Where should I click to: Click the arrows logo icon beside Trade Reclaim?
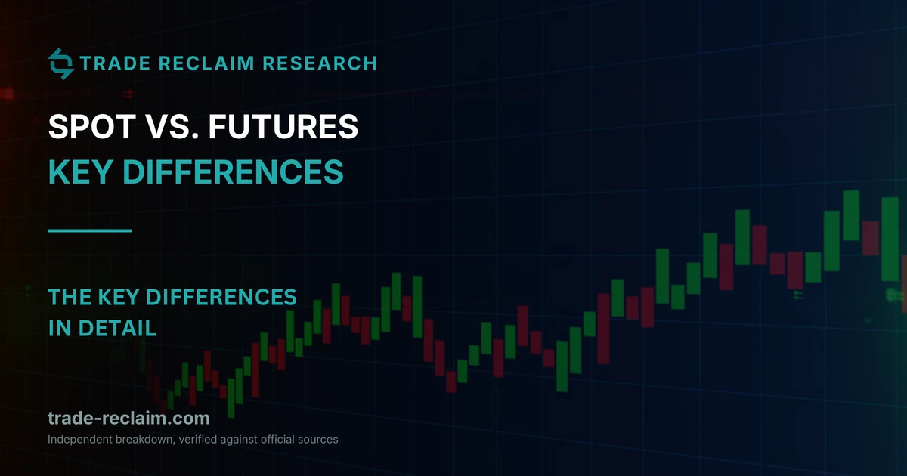[x=60, y=63]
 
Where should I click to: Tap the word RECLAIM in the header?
[x=206, y=63]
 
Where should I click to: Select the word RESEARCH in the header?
[x=320, y=63]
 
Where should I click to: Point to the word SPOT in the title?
[x=92, y=126]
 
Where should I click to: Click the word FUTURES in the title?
[x=283, y=126]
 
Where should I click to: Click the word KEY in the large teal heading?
[x=80, y=172]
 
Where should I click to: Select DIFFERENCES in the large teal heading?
[x=233, y=172]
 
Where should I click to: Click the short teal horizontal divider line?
[x=89, y=230]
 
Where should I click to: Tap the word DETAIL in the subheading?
[x=117, y=328]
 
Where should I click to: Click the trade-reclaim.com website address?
[x=128, y=418]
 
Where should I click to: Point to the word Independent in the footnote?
[x=80, y=440]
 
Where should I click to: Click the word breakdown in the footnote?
[x=145, y=440]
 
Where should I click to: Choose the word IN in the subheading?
[x=60, y=328]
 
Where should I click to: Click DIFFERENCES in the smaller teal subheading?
[x=221, y=297]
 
